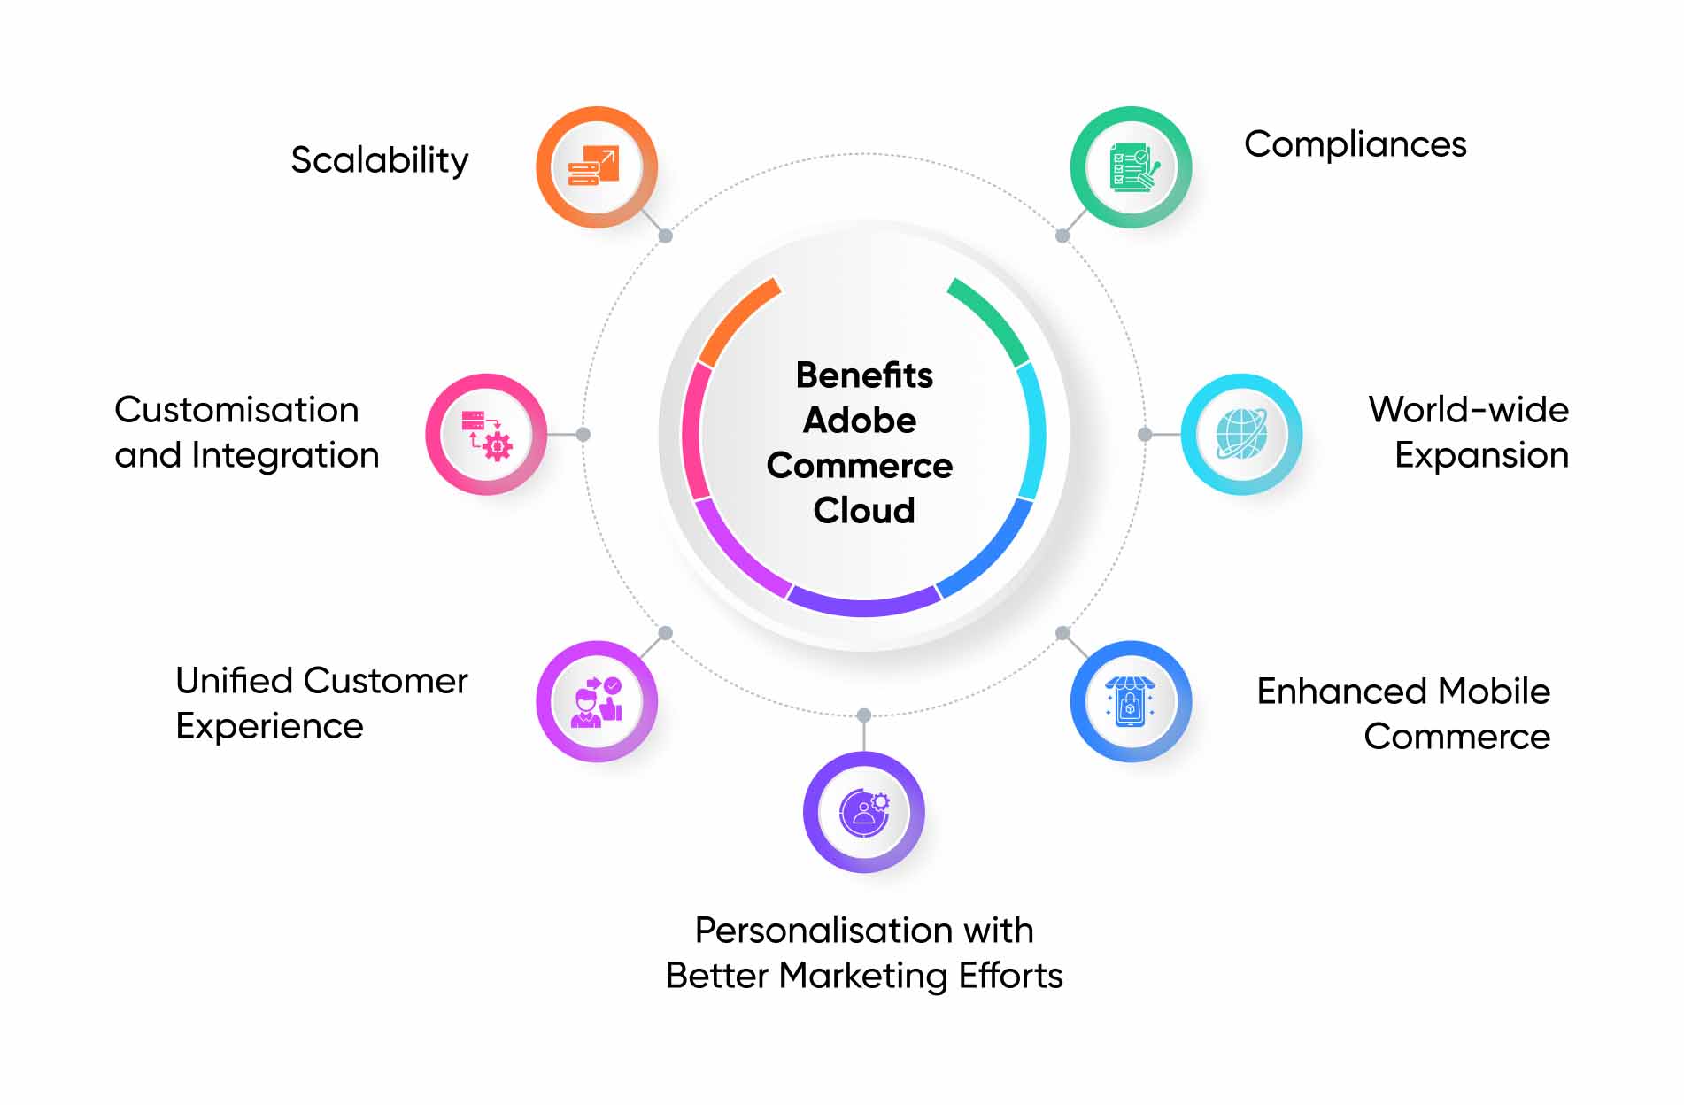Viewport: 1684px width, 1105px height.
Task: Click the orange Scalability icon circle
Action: tap(597, 167)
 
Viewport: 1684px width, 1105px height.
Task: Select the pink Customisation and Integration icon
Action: tap(486, 434)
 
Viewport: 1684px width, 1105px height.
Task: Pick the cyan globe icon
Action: tap(1241, 434)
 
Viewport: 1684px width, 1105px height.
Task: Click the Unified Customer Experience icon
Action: tap(597, 701)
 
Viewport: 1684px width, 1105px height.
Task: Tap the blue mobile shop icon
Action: tap(1132, 701)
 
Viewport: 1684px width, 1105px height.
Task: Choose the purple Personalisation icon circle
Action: tap(864, 812)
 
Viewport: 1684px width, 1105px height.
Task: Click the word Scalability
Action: tap(380, 160)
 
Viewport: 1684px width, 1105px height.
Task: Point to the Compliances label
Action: tap(1356, 145)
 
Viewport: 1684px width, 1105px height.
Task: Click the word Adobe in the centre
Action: tap(860, 421)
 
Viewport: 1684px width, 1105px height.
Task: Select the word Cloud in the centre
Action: tap(864, 511)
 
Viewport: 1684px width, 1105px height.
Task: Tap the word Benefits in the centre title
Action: tap(864, 375)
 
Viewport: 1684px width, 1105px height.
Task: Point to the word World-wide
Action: tap(1469, 410)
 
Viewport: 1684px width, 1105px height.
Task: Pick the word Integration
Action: tap(286, 456)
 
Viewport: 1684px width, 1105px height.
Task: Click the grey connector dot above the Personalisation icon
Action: tap(864, 715)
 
